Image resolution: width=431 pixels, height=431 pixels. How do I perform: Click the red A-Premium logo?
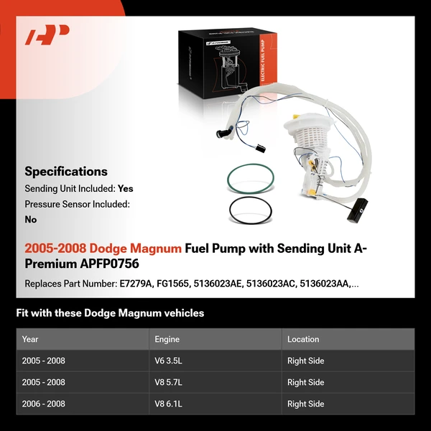(47, 35)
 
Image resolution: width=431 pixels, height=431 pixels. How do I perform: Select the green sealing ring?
(251, 179)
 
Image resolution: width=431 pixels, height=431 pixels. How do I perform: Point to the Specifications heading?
(66, 172)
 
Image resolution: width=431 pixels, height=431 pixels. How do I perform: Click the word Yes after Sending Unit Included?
(126, 189)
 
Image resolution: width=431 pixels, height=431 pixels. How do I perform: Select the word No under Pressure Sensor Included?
(31, 219)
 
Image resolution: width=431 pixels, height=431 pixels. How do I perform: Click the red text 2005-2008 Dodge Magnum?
(103, 249)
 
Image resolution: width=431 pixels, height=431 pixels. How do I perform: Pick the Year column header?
(30, 339)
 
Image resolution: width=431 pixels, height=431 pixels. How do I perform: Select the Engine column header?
(167, 339)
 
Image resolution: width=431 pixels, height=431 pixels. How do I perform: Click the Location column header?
(303, 339)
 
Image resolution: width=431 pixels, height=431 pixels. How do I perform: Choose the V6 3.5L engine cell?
(170, 361)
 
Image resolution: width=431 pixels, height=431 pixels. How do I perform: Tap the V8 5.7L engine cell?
(170, 382)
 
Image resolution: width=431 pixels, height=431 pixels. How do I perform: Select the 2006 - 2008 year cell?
(44, 404)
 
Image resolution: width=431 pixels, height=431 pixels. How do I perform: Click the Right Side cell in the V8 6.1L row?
(305, 404)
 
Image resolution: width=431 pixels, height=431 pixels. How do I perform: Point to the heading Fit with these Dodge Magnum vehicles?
(110, 313)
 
